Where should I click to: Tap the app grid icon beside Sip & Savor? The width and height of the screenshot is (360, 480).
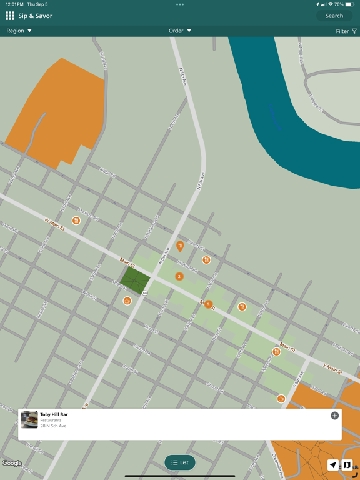[x=10, y=16]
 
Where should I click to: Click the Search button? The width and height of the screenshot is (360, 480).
[x=334, y=16]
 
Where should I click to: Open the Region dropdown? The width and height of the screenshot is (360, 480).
[x=19, y=31]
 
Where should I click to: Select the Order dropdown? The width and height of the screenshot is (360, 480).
[x=180, y=31]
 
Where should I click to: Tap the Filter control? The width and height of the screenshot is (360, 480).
[x=346, y=31]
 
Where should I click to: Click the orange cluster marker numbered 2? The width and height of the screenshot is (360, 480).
[x=179, y=276]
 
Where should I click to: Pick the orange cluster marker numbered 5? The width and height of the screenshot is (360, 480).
[x=209, y=305]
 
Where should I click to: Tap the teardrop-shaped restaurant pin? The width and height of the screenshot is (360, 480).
[x=180, y=246]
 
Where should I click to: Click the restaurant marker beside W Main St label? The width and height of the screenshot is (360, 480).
[x=76, y=221]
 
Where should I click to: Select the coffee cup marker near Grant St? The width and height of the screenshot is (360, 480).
[x=127, y=301]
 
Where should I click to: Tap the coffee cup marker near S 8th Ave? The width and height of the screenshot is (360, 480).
[x=281, y=399]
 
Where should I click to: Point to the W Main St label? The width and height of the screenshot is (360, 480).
[x=54, y=224]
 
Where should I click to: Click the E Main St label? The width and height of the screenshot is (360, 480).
[x=332, y=369]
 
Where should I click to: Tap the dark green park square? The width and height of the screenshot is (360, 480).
[x=135, y=280]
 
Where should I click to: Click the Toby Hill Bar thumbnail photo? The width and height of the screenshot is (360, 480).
[x=29, y=419]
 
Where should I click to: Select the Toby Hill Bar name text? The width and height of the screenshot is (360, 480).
[x=54, y=414]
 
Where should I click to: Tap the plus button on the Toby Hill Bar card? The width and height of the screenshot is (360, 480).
[x=334, y=416]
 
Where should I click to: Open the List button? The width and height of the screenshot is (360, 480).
[x=180, y=462]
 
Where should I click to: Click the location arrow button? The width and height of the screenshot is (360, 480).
[x=333, y=465]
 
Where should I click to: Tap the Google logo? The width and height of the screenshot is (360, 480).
[x=12, y=463]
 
